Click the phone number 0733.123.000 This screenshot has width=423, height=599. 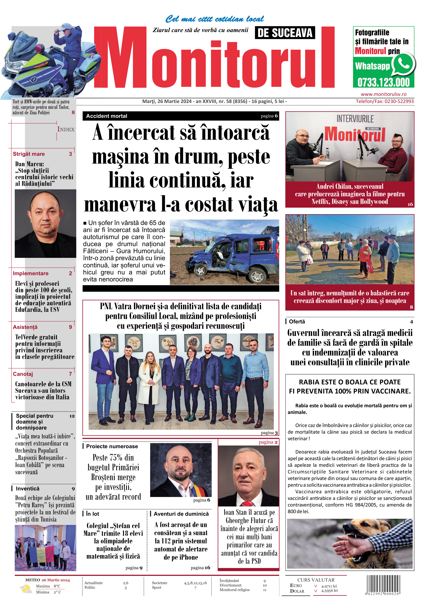(383, 82)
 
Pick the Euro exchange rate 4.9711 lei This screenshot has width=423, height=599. (329, 586)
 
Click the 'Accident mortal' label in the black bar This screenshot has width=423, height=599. (107, 116)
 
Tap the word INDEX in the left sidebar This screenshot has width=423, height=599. (66, 129)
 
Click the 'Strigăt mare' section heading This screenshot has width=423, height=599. (29, 154)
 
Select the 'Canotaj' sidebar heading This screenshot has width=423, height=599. (23, 374)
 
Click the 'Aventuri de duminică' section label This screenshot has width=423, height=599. (181, 514)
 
